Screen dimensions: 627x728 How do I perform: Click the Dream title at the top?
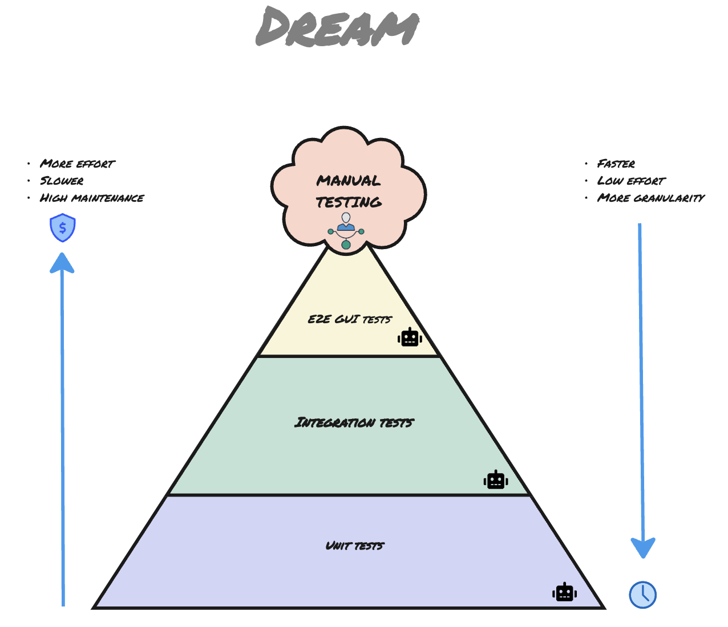tap(337, 27)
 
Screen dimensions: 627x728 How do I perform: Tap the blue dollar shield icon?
tap(63, 228)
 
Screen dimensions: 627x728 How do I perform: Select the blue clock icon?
tap(643, 595)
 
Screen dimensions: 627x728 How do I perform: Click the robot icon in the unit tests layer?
tap(564, 592)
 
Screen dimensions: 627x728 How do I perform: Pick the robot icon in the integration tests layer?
tap(496, 480)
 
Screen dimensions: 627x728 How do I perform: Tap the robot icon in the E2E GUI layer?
tap(410, 337)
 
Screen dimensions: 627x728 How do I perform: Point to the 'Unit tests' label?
tap(354, 545)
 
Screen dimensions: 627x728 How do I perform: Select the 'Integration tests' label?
tap(354, 422)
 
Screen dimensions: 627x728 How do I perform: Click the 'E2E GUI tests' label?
tap(350, 319)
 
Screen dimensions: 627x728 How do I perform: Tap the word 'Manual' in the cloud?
tap(348, 181)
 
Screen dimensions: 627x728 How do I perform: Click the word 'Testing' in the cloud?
tap(349, 202)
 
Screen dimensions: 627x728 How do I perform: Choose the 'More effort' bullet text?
tap(77, 164)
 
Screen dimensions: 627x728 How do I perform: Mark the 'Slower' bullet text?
tap(62, 181)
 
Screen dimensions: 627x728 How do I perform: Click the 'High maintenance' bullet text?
tap(91, 198)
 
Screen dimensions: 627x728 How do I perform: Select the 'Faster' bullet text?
tap(616, 164)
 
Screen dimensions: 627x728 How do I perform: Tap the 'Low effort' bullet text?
tap(631, 181)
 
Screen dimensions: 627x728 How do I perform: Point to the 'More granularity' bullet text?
tap(650, 198)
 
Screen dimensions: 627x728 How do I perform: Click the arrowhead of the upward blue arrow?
tap(62, 263)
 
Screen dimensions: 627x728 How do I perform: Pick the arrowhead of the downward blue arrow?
tap(643, 548)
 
